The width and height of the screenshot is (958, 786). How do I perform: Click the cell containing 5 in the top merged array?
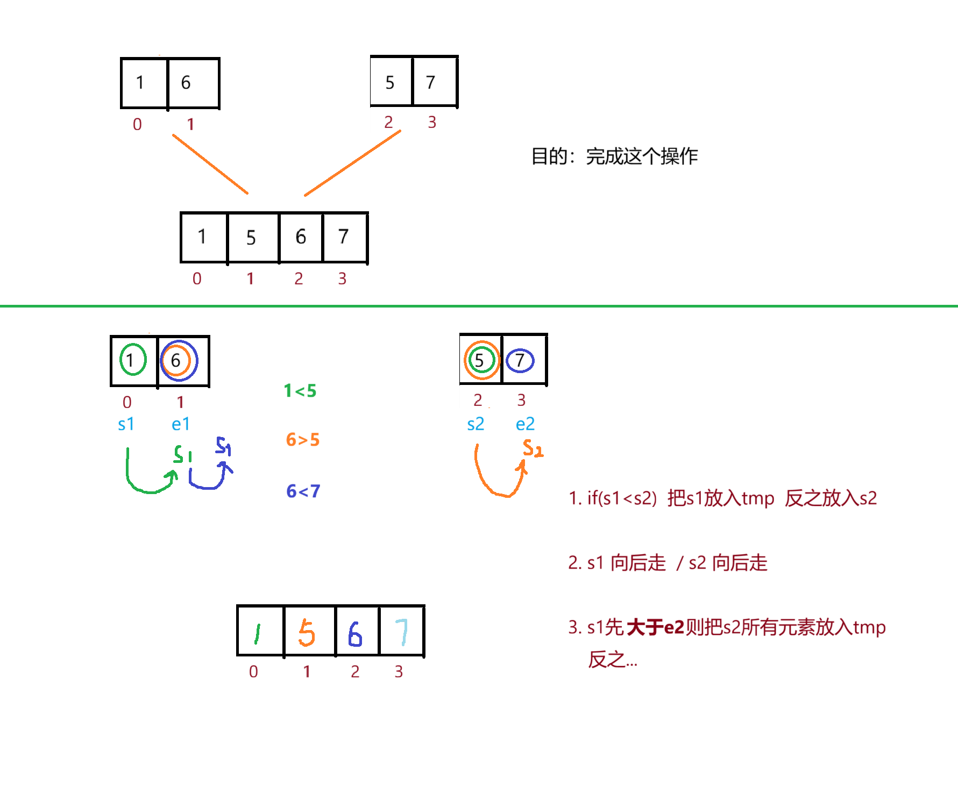tap(251, 238)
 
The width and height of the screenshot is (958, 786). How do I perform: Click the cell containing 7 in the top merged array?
tap(344, 237)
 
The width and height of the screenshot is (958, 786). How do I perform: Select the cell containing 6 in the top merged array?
tap(301, 237)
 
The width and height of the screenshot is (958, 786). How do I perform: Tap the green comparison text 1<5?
tap(300, 391)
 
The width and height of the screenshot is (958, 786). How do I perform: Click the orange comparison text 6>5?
tap(302, 440)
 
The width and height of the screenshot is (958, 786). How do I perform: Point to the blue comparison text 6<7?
tap(303, 491)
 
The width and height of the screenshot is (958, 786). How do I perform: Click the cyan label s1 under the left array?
tap(125, 424)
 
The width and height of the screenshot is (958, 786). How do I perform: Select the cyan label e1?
tap(180, 424)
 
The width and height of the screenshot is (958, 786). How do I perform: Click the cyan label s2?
tap(476, 424)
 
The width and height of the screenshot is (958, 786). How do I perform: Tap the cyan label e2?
tap(525, 424)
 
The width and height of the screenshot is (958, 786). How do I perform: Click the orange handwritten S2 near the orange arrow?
tap(533, 448)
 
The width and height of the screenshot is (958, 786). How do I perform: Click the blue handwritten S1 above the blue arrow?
tap(223, 446)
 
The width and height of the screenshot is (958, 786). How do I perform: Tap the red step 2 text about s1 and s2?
tap(668, 563)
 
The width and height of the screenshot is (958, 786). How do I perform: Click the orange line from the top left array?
tap(210, 164)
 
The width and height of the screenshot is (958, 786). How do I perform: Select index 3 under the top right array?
tap(432, 122)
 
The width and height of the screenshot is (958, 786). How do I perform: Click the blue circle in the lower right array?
tap(520, 360)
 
